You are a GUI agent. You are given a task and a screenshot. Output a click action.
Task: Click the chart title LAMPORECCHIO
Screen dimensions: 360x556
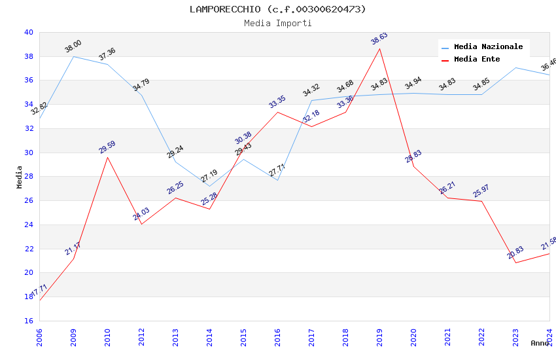coord(278,9)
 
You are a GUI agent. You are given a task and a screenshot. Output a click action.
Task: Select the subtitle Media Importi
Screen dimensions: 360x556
coord(278,23)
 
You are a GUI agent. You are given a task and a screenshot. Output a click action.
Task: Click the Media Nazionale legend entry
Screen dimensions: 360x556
coord(488,47)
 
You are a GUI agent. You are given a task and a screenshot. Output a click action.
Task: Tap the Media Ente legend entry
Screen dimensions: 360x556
coord(477,60)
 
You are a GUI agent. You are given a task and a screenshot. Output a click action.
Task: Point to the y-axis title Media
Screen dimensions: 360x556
coord(20,177)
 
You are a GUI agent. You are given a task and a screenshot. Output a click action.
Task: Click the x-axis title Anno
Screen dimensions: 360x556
coord(540,343)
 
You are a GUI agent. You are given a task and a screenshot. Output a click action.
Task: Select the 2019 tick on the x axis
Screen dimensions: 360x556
coord(379,337)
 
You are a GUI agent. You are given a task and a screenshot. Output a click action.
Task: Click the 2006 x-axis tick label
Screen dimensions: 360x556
coord(39,337)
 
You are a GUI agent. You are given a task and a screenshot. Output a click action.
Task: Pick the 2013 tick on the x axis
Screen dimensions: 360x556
coord(175,337)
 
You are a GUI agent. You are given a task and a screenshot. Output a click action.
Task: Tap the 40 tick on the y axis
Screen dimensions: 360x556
coord(28,32)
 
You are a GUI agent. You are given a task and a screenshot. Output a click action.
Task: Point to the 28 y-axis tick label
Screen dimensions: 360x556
coord(28,177)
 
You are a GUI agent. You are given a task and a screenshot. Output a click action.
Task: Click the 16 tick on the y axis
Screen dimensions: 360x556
coord(28,321)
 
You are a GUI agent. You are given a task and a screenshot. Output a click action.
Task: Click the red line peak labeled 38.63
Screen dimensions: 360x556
coord(379,48)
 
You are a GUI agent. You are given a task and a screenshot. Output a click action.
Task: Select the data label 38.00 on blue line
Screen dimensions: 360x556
coord(73,46)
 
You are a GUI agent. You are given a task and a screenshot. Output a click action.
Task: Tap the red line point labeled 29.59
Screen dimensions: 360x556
coord(107,157)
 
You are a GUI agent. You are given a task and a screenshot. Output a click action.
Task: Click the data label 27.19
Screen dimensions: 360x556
coord(209,176)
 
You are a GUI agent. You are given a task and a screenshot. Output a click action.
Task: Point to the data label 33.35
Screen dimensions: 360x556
coord(277,102)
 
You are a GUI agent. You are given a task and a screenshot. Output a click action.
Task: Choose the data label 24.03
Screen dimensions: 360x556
coord(141,214)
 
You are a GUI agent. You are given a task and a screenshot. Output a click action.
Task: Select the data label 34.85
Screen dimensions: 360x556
coord(481,85)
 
